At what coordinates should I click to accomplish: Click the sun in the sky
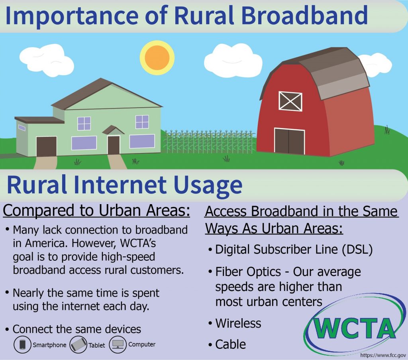point(157,57)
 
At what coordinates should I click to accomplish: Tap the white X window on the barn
point(290,101)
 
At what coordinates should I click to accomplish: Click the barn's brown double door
point(289,141)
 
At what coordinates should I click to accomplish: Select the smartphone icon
point(23,344)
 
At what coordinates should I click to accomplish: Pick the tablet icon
point(78,344)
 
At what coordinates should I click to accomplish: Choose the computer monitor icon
point(118,344)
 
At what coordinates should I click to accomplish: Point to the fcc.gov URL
point(383,355)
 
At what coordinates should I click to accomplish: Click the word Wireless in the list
point(238,323)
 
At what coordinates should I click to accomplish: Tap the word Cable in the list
point(231,344)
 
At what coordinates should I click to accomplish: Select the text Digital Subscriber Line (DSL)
point(294,250)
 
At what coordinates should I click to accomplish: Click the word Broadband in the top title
point(304,16)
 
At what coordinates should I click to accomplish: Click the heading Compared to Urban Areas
point(96,210)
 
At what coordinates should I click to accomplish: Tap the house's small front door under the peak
point(114,145)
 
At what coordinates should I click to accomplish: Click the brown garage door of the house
point(46,146)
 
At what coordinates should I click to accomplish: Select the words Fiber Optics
point(248,272)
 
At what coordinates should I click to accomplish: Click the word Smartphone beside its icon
point(49,345)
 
